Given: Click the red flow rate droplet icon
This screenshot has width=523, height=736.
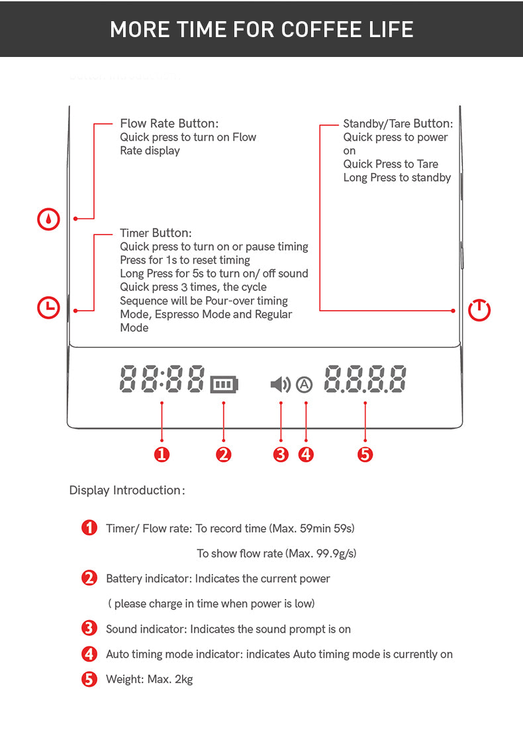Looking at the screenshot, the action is coord(48,219).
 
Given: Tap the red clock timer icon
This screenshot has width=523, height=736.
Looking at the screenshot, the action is coord(48,308).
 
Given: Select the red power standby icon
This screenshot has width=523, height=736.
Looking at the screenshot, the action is coord(479,310).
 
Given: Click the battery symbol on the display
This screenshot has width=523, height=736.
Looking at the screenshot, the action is coord(224,385).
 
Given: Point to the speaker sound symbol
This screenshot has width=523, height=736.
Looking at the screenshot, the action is coord(281,384).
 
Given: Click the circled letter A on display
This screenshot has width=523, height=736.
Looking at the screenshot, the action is coord(305,385).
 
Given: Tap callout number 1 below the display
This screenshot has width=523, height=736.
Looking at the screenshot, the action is coord(162,454).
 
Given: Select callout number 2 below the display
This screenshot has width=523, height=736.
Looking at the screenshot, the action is coord(224,454).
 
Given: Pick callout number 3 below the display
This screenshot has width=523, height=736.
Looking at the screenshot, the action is coord(281,454).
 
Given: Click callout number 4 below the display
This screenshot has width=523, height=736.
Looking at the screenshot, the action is coord(307,454).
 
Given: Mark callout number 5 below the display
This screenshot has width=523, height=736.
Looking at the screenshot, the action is coord(365,454).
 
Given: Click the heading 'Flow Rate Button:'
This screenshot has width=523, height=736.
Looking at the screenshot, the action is coord(169,123).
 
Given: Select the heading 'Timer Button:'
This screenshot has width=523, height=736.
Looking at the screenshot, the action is coord(156,233).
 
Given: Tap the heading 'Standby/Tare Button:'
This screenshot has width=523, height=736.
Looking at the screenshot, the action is coord(399,124).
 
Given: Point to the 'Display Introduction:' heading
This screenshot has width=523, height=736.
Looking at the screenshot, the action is coord(127,490).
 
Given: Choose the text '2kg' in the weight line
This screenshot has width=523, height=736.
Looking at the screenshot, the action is coord(183,679).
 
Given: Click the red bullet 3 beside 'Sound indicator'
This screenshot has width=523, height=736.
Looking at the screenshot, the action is coord(89,629).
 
